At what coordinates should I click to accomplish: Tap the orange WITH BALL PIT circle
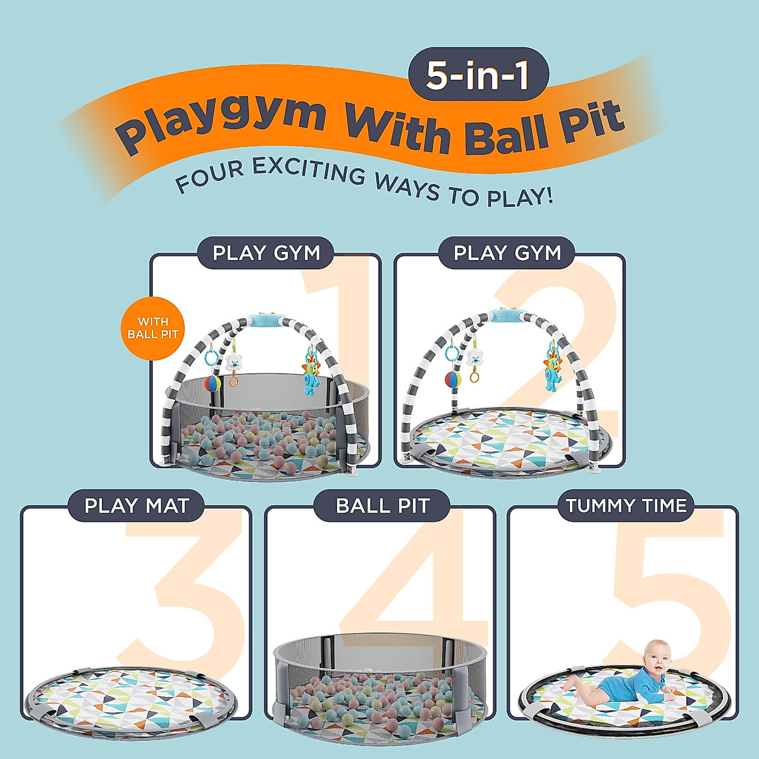click(x=152, y=328)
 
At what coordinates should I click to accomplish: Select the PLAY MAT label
click(x=137, y=505)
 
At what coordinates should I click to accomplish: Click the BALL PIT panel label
click(x=382, y=505)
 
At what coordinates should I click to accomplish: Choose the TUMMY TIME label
click(x=626, y=505)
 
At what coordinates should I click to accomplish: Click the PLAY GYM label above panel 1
click(x=266, y=253)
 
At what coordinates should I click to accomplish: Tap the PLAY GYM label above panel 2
click(x=507, y=253)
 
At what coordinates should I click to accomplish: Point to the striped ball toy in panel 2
click(x=453, y=379)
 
